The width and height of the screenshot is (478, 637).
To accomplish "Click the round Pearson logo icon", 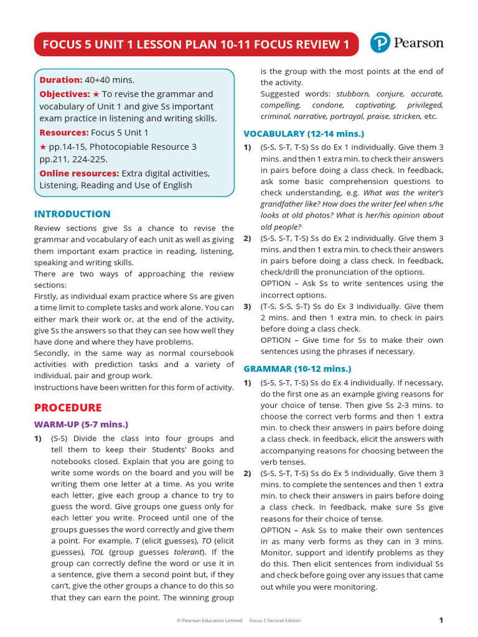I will click(380, 43).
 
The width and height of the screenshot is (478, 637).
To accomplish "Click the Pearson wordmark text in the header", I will click(418, 43).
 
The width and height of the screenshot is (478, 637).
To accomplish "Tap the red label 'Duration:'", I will click(61, 80).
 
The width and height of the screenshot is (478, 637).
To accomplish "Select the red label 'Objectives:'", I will click(65, 94).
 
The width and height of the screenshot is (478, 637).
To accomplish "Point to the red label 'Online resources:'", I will click(79, 173).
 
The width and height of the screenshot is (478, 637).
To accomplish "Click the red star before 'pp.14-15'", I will click(43, 147).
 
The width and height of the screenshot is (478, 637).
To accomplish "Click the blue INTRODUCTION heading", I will click(72, 214).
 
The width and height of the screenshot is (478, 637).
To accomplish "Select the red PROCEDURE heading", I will click(67, 407).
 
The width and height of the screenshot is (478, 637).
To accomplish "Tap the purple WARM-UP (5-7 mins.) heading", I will click(81, 424).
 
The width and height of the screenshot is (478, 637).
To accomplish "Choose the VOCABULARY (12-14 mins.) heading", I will click(303, 134).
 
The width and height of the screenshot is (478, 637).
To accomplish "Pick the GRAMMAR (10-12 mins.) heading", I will click(297, 369).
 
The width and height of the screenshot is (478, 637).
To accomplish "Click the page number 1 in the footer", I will click(441, 620).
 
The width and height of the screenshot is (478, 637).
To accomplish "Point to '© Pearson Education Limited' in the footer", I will click(209, 621).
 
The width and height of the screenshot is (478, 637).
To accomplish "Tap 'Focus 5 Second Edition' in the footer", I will click(274, 621).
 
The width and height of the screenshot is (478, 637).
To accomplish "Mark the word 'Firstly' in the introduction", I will click(48, 296).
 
